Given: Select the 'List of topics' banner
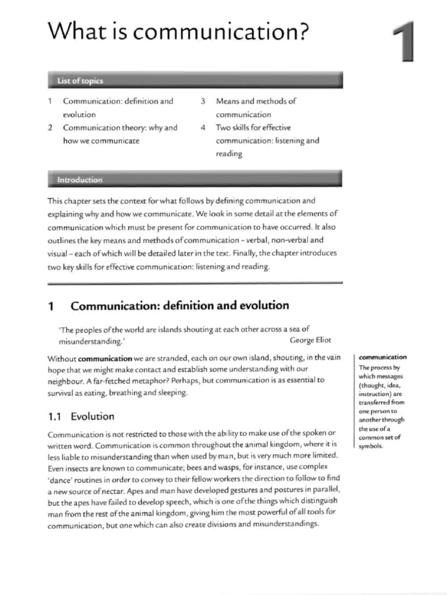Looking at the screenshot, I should click(x=80, y=80).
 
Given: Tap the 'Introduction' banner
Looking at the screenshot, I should click(x=80, y=180).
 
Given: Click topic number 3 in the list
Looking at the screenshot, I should click(x=203, y=101).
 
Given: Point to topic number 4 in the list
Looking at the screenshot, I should click(x=203, y=128).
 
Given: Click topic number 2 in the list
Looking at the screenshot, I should click(x=51, y=128).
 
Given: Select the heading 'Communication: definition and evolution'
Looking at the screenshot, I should click(x=179, y=305).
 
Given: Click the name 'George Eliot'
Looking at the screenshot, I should click(x=310, y=340).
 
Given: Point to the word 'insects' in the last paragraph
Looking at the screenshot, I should click(x=76, y=467).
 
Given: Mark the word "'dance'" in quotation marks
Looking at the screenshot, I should click(x=59, y=479).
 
